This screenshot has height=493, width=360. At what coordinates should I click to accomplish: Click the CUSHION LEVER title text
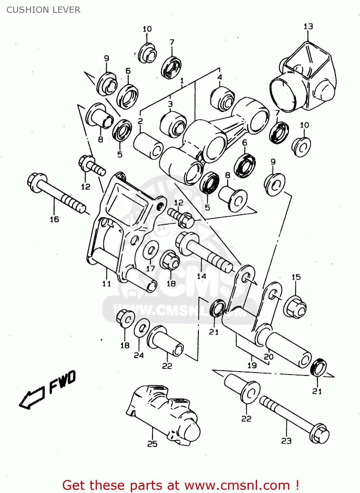[x=43, y=10]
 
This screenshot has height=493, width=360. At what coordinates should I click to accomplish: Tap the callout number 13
[x=308, y=26]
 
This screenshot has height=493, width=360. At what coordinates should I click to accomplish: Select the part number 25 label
[x=152, y=444]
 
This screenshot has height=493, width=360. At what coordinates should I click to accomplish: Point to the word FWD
[x=62, y=382]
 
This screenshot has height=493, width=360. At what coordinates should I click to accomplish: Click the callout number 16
[x=54, y=219]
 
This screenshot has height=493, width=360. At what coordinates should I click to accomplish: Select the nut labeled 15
[x=295, y=307]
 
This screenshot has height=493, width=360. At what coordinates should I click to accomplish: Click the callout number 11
[x=107, y=283]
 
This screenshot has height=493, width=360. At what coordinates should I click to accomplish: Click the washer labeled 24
[x=142, y=328]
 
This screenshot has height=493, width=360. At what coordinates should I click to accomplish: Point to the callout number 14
[x=202, y=276]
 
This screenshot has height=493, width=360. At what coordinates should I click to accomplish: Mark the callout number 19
[x=252, y=365]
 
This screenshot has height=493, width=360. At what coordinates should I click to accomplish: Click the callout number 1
[x=182, y=81]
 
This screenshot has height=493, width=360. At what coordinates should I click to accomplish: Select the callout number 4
[x=220, y=77]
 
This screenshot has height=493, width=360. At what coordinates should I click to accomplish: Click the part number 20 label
[x=269, y=356]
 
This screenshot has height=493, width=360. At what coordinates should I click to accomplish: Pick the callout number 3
[x=170, y=104]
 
